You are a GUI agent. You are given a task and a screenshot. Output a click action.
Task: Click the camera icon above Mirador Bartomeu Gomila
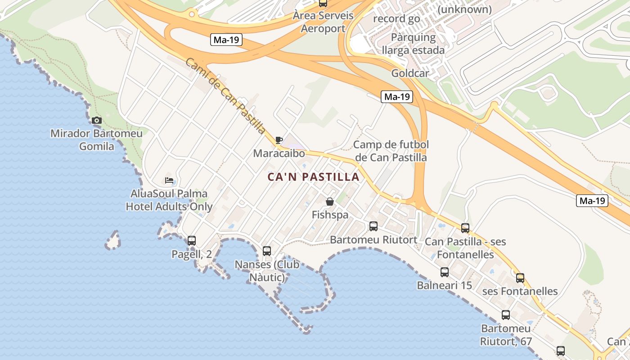(x=96, y=121)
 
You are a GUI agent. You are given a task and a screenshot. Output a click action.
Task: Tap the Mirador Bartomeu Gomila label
(x=96, y=139)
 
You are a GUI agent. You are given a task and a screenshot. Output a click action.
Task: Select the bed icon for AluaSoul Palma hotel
(x=169, y=180)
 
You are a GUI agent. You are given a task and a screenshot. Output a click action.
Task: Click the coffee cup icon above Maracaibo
(x=279, y=140)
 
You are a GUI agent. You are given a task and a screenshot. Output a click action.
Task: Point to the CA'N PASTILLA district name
(x=314, y=177)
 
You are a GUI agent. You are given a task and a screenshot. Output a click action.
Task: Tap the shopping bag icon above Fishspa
(x=330, y=202)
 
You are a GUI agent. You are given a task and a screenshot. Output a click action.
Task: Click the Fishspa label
(x=330, y=215)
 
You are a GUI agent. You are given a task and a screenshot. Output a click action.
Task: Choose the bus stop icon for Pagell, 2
(x=192, y=241)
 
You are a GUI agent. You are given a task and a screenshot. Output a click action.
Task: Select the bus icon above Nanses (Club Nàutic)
(x=267, y=251)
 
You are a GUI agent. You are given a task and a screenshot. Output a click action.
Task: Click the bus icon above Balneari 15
(x=445, y=272)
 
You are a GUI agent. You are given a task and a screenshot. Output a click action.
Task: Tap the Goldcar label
(x=410, y=73)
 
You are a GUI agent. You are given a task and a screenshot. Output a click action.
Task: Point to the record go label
(x=396, y=19)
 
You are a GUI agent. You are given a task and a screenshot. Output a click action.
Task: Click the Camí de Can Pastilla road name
(x=225, y=95)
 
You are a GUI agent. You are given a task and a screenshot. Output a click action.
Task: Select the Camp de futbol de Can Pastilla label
(x=391, y=151)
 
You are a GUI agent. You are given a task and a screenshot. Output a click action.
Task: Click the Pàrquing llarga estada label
(x=413, y=44)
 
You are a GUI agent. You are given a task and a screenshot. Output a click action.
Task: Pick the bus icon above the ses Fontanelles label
(x=520, y=278)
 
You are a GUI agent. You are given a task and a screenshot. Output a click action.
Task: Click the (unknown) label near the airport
(x=464, y=9)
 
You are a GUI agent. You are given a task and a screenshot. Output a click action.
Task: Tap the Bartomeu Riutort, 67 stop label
(x=506, y=335)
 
